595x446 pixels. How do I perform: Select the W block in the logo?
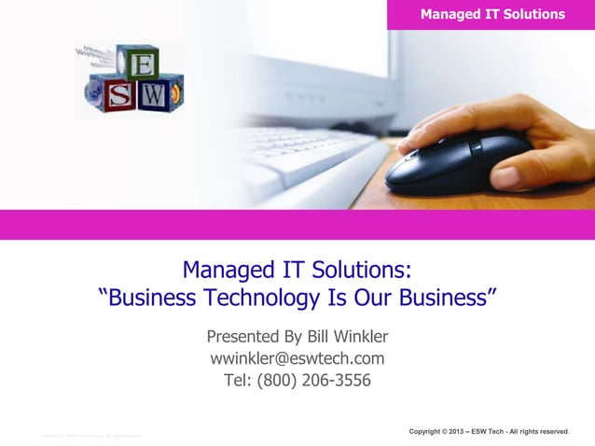(156, 94)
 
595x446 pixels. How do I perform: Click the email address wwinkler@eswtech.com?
(297, 358)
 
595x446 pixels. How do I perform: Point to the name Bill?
(306, 336)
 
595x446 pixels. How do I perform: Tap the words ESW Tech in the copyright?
(493, 431)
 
